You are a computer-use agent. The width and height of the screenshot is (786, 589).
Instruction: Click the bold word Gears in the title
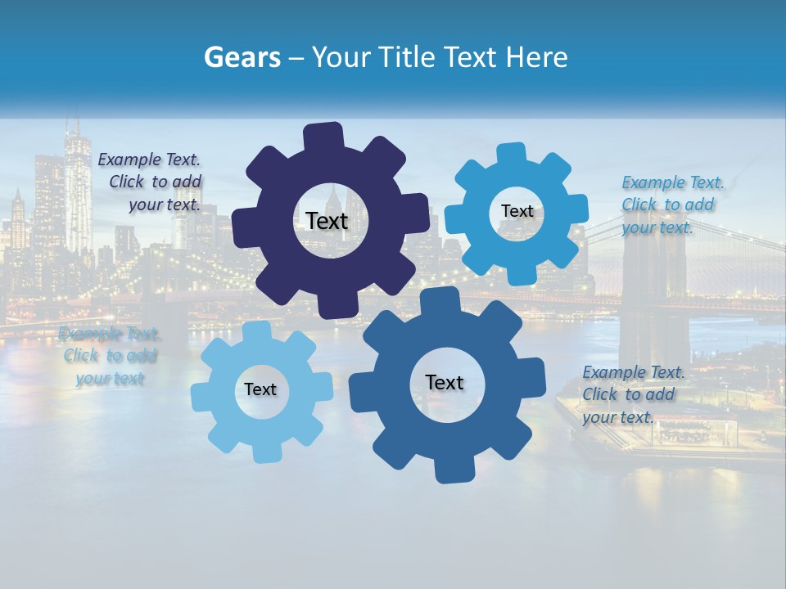coord(242,58)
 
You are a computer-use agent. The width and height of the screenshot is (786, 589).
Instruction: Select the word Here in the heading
coord(536,58)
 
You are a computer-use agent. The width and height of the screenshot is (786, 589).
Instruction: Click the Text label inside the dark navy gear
coord(327,221)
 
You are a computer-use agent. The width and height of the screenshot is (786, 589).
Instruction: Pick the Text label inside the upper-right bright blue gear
coord(517,211)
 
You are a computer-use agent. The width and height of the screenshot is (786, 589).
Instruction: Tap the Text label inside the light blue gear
coord(260,389)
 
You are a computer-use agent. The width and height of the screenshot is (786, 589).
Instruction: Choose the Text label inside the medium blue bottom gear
coord(444,382)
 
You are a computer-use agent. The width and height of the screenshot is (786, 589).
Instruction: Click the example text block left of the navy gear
coord(149,182)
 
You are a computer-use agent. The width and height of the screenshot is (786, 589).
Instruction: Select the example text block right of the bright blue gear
coord(672,205)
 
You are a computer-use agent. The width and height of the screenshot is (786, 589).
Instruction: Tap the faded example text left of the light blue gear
coord(110,356)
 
